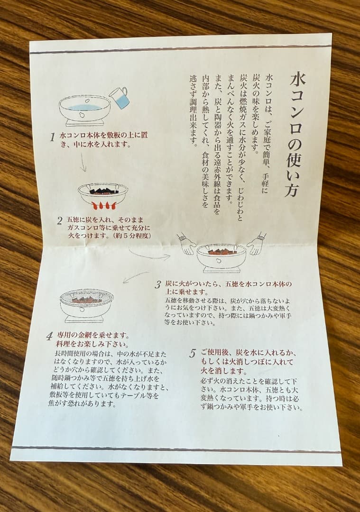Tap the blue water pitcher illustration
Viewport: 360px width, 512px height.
[119, 97]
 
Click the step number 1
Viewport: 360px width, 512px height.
[52, 137]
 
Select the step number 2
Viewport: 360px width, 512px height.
[59, 221]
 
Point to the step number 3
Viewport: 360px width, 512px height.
[158, 285]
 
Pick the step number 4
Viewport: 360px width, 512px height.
[49, 336]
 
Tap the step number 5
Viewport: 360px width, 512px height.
[193, 353]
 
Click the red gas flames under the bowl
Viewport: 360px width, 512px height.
[103, 205]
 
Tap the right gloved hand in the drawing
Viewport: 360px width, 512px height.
[257, 243]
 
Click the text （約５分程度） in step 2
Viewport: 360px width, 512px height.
[131, 236]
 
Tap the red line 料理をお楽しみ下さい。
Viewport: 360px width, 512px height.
[92, 344]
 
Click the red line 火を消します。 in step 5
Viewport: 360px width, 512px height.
[224, 371]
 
